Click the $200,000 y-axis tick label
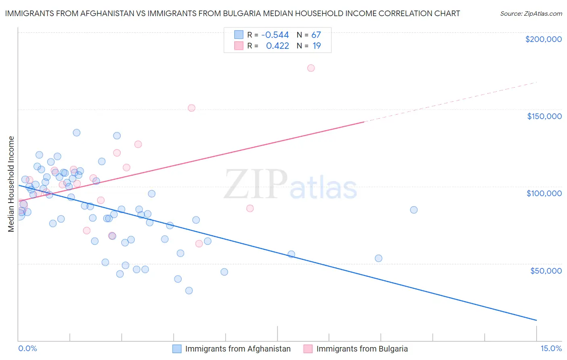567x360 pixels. click(x=543, y=39)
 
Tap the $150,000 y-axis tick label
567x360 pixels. click(x=544, y=116)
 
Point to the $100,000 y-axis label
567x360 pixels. click(x=544, y=193)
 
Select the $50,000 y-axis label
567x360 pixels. click(x=546, y=270)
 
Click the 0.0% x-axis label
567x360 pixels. click(x=27, y=348)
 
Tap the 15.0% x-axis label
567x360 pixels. click(x=551, y=348)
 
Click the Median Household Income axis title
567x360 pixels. click(x=11, y=184)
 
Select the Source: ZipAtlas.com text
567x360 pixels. click(x=531, y=14)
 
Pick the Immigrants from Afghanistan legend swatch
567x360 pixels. click(x=177, y=349)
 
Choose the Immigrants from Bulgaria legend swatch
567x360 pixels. click(x=308, y=349)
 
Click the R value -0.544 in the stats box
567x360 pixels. click(x=275, y=35)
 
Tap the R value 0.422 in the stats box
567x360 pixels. click(x=277, y=46)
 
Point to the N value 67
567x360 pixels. click(x=316, y=35)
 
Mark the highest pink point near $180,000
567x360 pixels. click(x=311, y=68)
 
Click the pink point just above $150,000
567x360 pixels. click(x=192, y=108)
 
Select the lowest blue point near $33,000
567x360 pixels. click(x=189, y=291)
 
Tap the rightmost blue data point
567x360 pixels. click(x=414, y=210)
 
